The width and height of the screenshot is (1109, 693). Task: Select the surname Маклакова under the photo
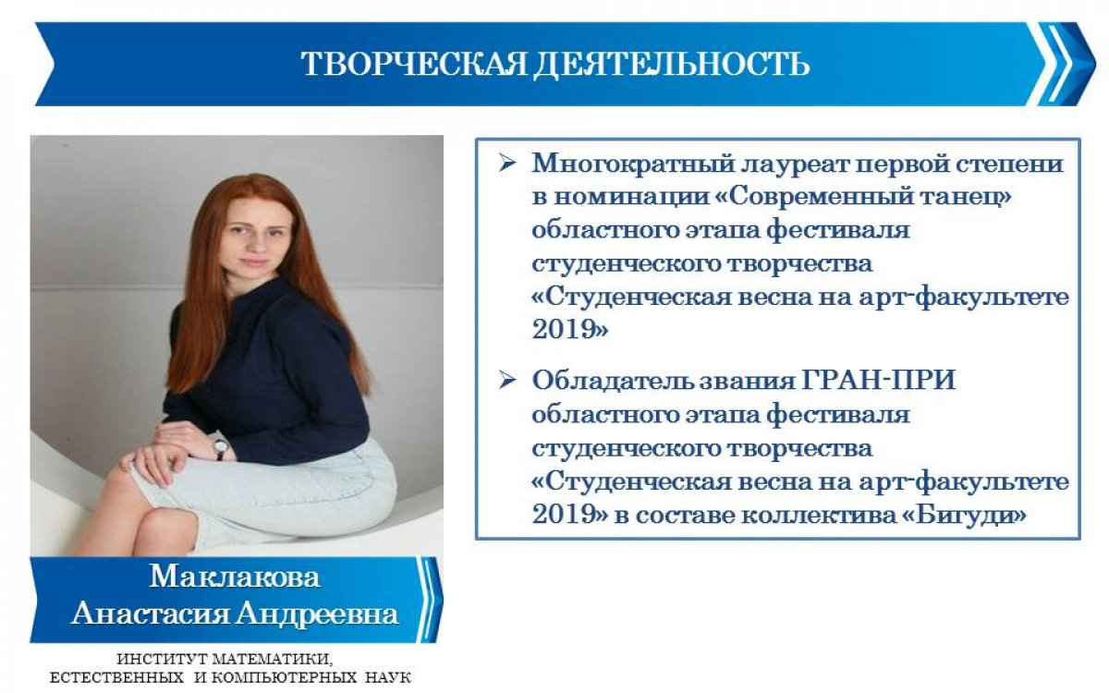click(x=235, y=578)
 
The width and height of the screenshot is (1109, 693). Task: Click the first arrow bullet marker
click(x=506, y=164)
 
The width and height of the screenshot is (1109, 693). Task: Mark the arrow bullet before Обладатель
click(x=506, y=382)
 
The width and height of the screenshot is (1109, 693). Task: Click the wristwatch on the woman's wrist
click(x=220, y=447)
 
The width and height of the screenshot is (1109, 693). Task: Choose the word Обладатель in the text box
click(x=609, y=383)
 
